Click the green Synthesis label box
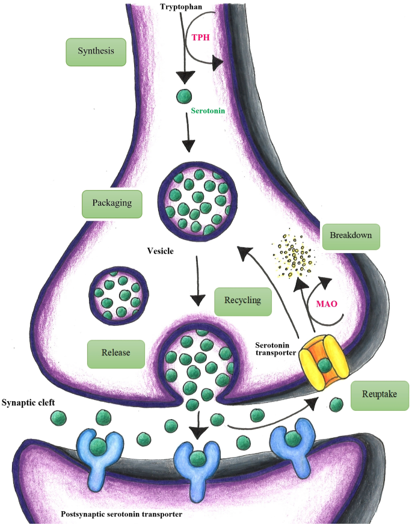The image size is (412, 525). [x=96, y=52]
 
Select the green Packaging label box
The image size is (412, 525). [x=112, y=203]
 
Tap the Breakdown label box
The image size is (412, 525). [x=351, y=236]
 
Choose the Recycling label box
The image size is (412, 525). [x=242, y=300]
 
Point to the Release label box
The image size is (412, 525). [x=116, y=353]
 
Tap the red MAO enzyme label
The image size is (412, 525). [x=327, y=305]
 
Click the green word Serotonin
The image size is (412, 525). [x=208, y=111]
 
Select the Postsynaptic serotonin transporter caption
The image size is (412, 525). [x=121, y=514]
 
